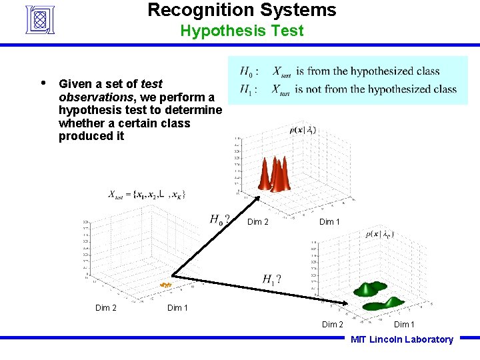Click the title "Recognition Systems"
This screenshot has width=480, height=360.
pos(241,10)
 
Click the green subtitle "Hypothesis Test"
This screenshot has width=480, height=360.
pos(241,31)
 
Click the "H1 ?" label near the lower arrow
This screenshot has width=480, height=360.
pos(271,279)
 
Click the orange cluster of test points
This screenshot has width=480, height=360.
pos(165,285)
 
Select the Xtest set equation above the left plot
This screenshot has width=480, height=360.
pos(147,195)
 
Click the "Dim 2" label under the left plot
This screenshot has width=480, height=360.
pos(106,307)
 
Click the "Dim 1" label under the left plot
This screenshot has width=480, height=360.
pos(177,307)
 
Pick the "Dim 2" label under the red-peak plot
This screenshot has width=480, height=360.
pos(258,222)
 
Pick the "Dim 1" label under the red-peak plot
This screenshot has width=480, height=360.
pos(329,222)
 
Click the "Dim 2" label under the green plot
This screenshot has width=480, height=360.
pos(333,325)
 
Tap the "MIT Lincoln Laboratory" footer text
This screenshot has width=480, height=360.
pos(402,339)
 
